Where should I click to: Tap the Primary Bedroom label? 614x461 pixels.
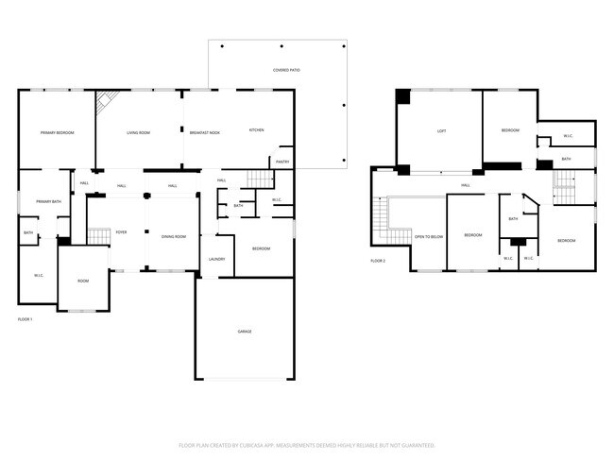click(x=57, y=132)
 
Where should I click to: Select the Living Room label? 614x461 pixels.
click(x=139, y=132)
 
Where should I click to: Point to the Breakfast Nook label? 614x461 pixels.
click(x=205, y=132)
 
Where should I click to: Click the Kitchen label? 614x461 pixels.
click(x=256, y=129)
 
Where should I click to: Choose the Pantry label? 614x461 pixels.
click(x=281, y=162)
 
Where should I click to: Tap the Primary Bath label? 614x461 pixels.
click(x=49, y=201)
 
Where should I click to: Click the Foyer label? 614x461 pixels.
click(x=121, y=231)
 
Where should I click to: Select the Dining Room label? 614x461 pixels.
click(x=173, y=236)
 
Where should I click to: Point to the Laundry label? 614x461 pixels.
click(x=216, y=259)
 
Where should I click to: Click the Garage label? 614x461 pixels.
click(x=244, y=331)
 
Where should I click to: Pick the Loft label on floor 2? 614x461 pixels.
click(x=441, y=130)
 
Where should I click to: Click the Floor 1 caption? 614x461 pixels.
click(x=26, y=319)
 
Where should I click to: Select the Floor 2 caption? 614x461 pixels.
click(x=378, y=261)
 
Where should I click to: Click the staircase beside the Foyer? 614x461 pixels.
click(x=98, y=236)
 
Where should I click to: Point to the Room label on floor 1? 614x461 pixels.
click(x=83, y=281)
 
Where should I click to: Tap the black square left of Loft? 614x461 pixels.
click(x=403, y=95)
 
